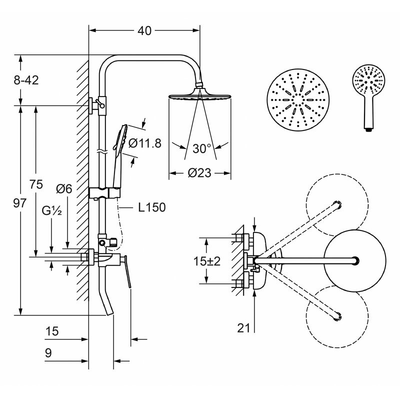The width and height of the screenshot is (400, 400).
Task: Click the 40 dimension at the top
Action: point(144,31)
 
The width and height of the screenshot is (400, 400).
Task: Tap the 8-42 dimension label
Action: point(26,80)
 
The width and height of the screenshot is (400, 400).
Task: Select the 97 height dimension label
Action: point(19,203)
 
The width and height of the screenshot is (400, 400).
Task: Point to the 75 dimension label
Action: point(36,184)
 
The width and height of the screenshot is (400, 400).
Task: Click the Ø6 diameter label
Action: point(64,189)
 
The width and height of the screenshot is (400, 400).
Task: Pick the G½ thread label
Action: point(52,210)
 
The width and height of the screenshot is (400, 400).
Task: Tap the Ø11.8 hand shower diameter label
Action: point(145,143)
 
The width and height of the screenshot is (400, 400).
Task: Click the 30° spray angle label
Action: point(201,148)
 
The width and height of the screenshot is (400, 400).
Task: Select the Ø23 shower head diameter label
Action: point(199,173)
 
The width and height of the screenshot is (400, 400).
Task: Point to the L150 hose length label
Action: point(152,207)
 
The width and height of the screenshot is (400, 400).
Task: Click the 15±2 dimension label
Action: point(206,261)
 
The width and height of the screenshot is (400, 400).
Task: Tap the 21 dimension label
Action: point(243,328)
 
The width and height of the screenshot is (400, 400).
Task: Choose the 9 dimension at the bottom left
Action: point(48,353)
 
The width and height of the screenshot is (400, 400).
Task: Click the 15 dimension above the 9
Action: point(52,331)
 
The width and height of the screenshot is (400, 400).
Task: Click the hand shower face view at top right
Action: point(368,98)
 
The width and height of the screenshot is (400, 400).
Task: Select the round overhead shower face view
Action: point(298,99)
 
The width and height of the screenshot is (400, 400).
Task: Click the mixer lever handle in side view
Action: point(127,271)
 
